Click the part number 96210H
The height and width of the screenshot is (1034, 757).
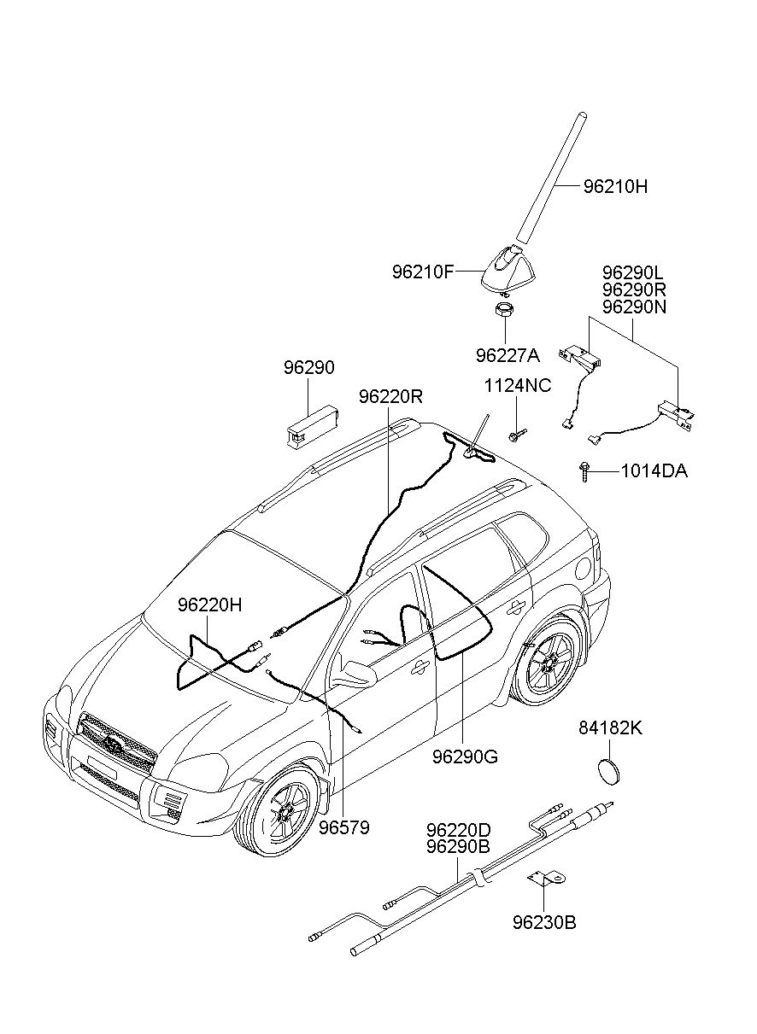[x=615, y=187]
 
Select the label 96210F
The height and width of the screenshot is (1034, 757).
[x=424, y=272]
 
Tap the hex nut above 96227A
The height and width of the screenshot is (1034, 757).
[x=504, y=308]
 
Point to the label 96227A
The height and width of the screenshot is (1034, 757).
[x=508, y=355]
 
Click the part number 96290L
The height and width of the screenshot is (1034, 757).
[x=633, y=273]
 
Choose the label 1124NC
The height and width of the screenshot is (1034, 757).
[x=517, y=386]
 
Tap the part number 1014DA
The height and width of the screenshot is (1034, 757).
[x=654, y=471]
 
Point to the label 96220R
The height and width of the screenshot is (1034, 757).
[x=390, y=396]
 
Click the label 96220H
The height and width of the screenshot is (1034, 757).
[x=209, y=605]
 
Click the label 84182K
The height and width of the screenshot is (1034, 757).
[x=611, y=728]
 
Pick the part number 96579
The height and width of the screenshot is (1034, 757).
[x=344, y=828]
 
